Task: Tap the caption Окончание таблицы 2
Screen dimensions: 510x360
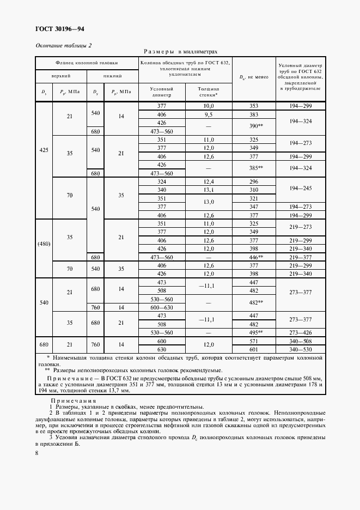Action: click(x=64, y=45)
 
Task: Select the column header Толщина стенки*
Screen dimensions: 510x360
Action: click(x=208, y=91)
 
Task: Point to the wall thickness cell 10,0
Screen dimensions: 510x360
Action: click(x=209, y=106)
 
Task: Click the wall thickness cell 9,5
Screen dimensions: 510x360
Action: click(x=209, y=115)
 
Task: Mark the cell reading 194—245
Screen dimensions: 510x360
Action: click(x=301, y=186)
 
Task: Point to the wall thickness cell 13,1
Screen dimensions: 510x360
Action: click(x=209, y=190)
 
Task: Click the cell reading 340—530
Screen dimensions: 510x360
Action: click(x=301, y=349)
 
